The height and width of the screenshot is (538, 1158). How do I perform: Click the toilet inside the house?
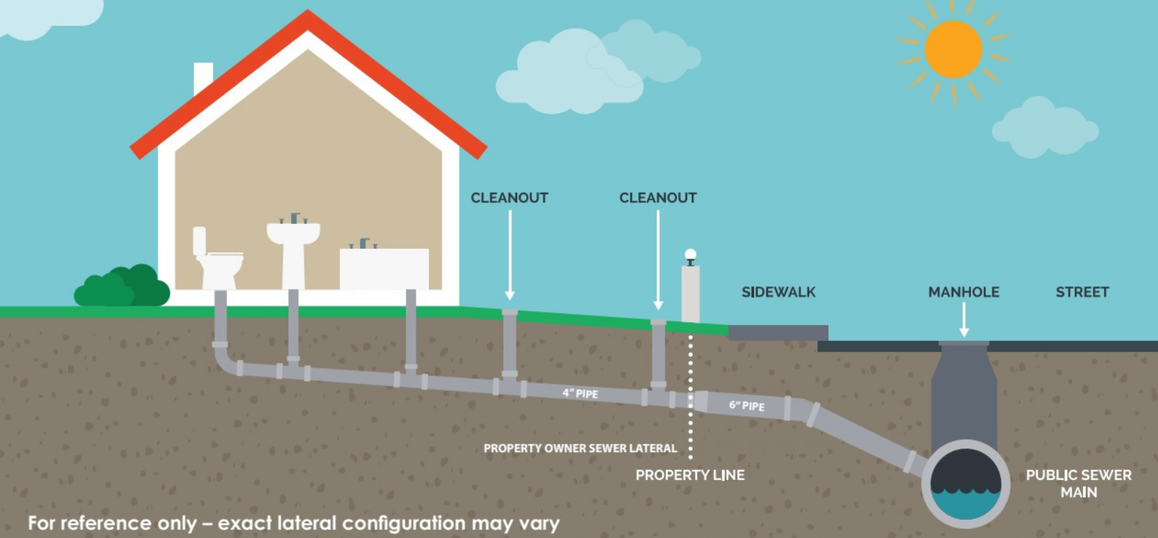[217, 259]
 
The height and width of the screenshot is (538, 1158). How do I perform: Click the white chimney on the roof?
[203, 77]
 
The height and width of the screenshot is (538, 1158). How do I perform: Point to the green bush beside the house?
[122, 286]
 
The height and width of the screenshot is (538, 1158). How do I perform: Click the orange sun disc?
[953, 50]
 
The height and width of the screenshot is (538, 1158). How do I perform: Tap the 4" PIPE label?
[580, 393]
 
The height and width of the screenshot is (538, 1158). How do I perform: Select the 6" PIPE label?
[747, 405]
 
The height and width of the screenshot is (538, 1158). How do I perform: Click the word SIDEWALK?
[778, 292]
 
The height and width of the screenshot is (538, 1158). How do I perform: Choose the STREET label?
[1082, 292]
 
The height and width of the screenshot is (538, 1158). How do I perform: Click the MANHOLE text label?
[964, 292]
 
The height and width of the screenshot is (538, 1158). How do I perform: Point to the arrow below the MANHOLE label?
[964, 320]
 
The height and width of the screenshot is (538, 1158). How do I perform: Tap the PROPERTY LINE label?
[690, 475]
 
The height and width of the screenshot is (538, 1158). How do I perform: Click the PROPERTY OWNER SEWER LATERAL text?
[580, 448]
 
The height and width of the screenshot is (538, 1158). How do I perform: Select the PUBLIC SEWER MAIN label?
[1079, 483]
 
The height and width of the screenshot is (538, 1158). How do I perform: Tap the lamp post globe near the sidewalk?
[690, 254]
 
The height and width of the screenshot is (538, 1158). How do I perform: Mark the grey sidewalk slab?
[778, 332]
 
